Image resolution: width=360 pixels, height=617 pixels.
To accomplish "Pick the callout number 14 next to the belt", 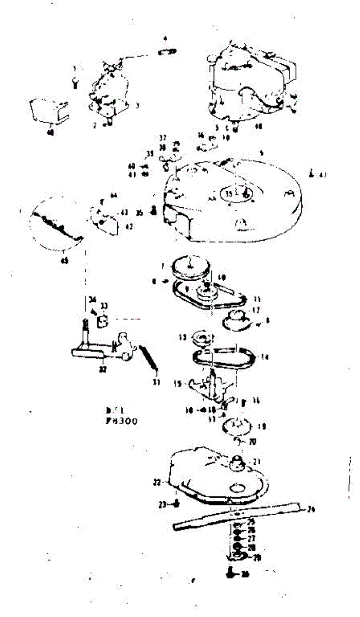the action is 265,355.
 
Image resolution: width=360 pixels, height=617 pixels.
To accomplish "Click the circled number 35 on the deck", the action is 229,193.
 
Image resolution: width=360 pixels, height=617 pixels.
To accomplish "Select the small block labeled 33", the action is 102,321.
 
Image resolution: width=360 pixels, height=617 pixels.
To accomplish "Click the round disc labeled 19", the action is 236,426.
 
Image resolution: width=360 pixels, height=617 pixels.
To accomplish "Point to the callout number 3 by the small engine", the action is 137,105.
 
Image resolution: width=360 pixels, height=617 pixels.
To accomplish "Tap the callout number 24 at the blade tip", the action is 311,511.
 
